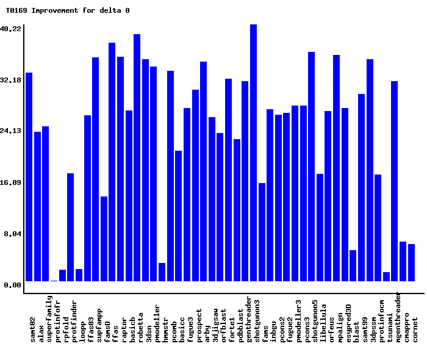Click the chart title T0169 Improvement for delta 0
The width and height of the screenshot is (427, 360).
click(67, 10)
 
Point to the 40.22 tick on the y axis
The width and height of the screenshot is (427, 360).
click(11, 29)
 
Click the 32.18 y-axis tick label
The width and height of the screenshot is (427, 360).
click(11, 80)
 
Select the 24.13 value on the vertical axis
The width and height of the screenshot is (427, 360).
click(11, 131)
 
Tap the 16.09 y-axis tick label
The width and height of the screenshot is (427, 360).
click(11, 182)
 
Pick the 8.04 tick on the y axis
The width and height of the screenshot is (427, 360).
click(13, 234)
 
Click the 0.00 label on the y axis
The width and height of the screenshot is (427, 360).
click(13, 285)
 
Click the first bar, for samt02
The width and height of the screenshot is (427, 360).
click(29, 177)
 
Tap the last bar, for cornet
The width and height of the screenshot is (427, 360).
click(411, 263)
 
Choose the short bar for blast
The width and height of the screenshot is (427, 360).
click(353, 266)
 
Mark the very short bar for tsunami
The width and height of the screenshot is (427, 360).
click(386, 277)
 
